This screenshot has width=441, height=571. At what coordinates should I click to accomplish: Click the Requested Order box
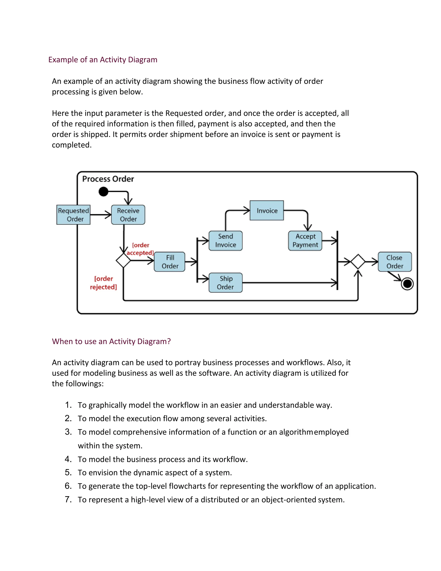coord(73,215)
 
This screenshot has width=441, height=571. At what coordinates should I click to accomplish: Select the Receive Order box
coord(128,215)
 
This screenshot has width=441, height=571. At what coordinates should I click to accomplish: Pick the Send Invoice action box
coord(225,240)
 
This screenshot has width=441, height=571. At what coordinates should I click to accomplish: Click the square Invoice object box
coord(267,211)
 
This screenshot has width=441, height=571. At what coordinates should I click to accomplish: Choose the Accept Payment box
coord(305,240)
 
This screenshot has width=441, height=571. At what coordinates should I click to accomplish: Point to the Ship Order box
coord(225,283)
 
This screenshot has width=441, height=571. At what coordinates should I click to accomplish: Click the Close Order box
coord(395,262)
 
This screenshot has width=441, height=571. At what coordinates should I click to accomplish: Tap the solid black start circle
coord(103,191)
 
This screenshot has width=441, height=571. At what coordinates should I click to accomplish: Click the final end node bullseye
coord(407,284)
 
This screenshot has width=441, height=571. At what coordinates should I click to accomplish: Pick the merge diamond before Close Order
coord(358,261)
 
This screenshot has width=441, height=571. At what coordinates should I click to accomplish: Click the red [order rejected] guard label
coord(103,283)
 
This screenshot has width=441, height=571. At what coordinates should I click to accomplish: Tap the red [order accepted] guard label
coord(140,249)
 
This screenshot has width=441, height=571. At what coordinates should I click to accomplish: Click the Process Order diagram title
coord(108,179)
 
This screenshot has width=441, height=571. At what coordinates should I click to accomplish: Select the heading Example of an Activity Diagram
coord(103,60)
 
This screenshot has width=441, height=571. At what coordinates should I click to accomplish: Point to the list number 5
coord(68,472)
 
